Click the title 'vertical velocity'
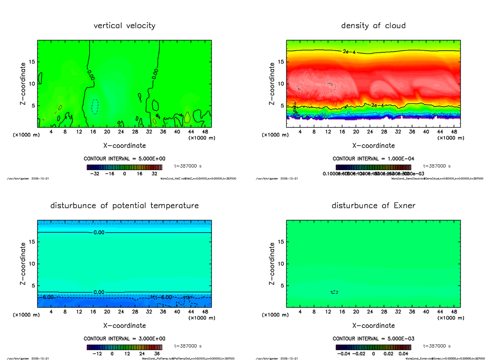pyautogui.click(x=124, y=26)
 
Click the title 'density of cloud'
pyautogui.click(x=373, y=26)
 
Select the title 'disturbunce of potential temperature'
pyautogui.click(x=124, y=206)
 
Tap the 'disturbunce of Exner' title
pyautogui.click(x=373, y=206)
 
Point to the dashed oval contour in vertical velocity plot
pyautogui.click(x=95, y=107)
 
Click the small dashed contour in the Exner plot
pyautogui.click(x=334, y=292)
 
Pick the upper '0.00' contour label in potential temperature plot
pyautogui.click(x=99, y=233)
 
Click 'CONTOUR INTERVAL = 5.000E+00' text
pyautogui.click(x=124, y=159)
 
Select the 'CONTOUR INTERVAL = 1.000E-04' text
pyautogui.click(x=373, y=159)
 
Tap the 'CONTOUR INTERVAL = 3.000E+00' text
pyautogui.click(x=124, y=339)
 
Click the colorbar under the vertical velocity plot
pyautogui.click(x=124, y=167)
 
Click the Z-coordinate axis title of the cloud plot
pyautogui.click(x=272, y=83)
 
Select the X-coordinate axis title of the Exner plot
pyautogui.click(x=373, y=326)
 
